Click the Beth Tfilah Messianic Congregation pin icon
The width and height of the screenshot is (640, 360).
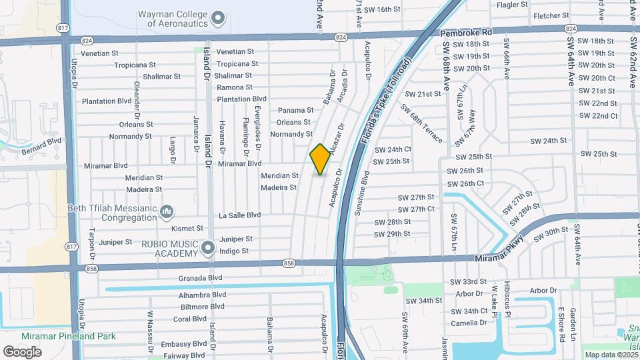[167, 212]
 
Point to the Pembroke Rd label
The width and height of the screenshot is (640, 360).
[465, 32]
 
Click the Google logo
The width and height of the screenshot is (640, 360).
[22, 351]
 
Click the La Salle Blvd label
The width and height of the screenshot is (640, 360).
[239, 215]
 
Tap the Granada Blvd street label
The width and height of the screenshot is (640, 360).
[200, 277]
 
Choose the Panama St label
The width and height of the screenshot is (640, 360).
[295, 110]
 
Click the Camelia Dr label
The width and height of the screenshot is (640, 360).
[469, 323]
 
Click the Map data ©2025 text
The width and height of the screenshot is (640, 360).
[609, 355]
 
